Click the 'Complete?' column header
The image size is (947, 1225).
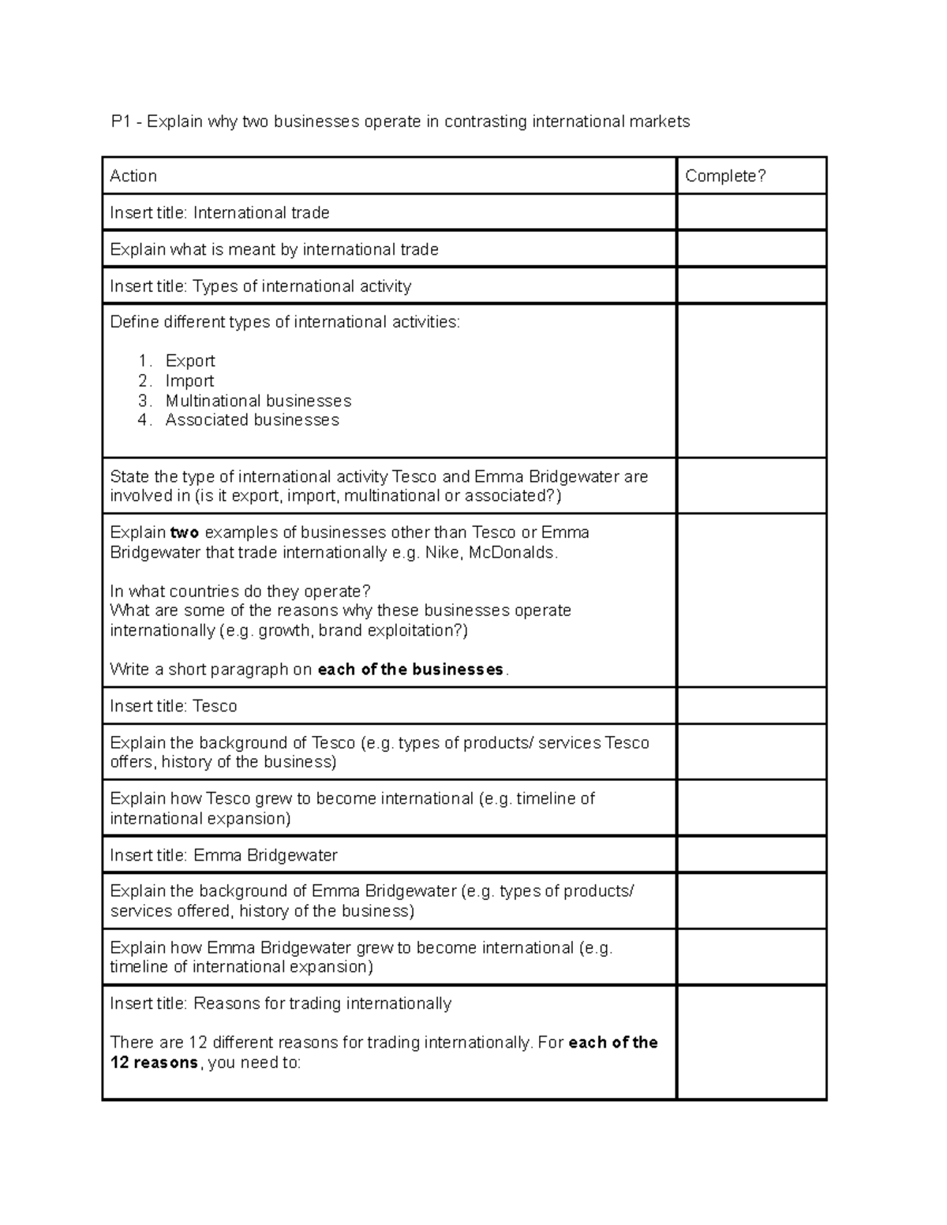[x=724, y=176]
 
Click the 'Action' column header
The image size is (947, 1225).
[x=133, y=176]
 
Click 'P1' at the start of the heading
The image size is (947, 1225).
[x=121, y=121]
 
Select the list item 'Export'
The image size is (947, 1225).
[x=190, y=360]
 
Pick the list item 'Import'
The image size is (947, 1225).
[x=189, y=380]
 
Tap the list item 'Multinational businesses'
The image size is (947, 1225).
[x=258, y=401]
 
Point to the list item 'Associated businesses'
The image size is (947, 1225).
[x=252, y=420]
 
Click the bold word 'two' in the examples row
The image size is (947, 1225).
[x=185, y=532]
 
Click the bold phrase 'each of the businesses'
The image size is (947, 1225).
[x=410, y=670]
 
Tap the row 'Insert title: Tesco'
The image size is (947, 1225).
[x=174, y=706]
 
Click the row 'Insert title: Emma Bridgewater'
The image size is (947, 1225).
[x=223, y=855]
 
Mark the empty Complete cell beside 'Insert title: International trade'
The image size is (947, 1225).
[x=750, y=213]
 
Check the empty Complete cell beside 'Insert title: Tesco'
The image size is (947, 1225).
[x=750, y=706]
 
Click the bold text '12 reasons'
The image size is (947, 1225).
[x=154, y=1063]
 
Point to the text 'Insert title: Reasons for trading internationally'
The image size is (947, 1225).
[x=280, y=1003]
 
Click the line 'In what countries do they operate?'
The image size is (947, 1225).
[x=240, y=592]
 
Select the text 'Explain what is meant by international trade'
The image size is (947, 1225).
[x=274, y=249]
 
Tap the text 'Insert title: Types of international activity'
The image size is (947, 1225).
[x=260, y=286]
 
